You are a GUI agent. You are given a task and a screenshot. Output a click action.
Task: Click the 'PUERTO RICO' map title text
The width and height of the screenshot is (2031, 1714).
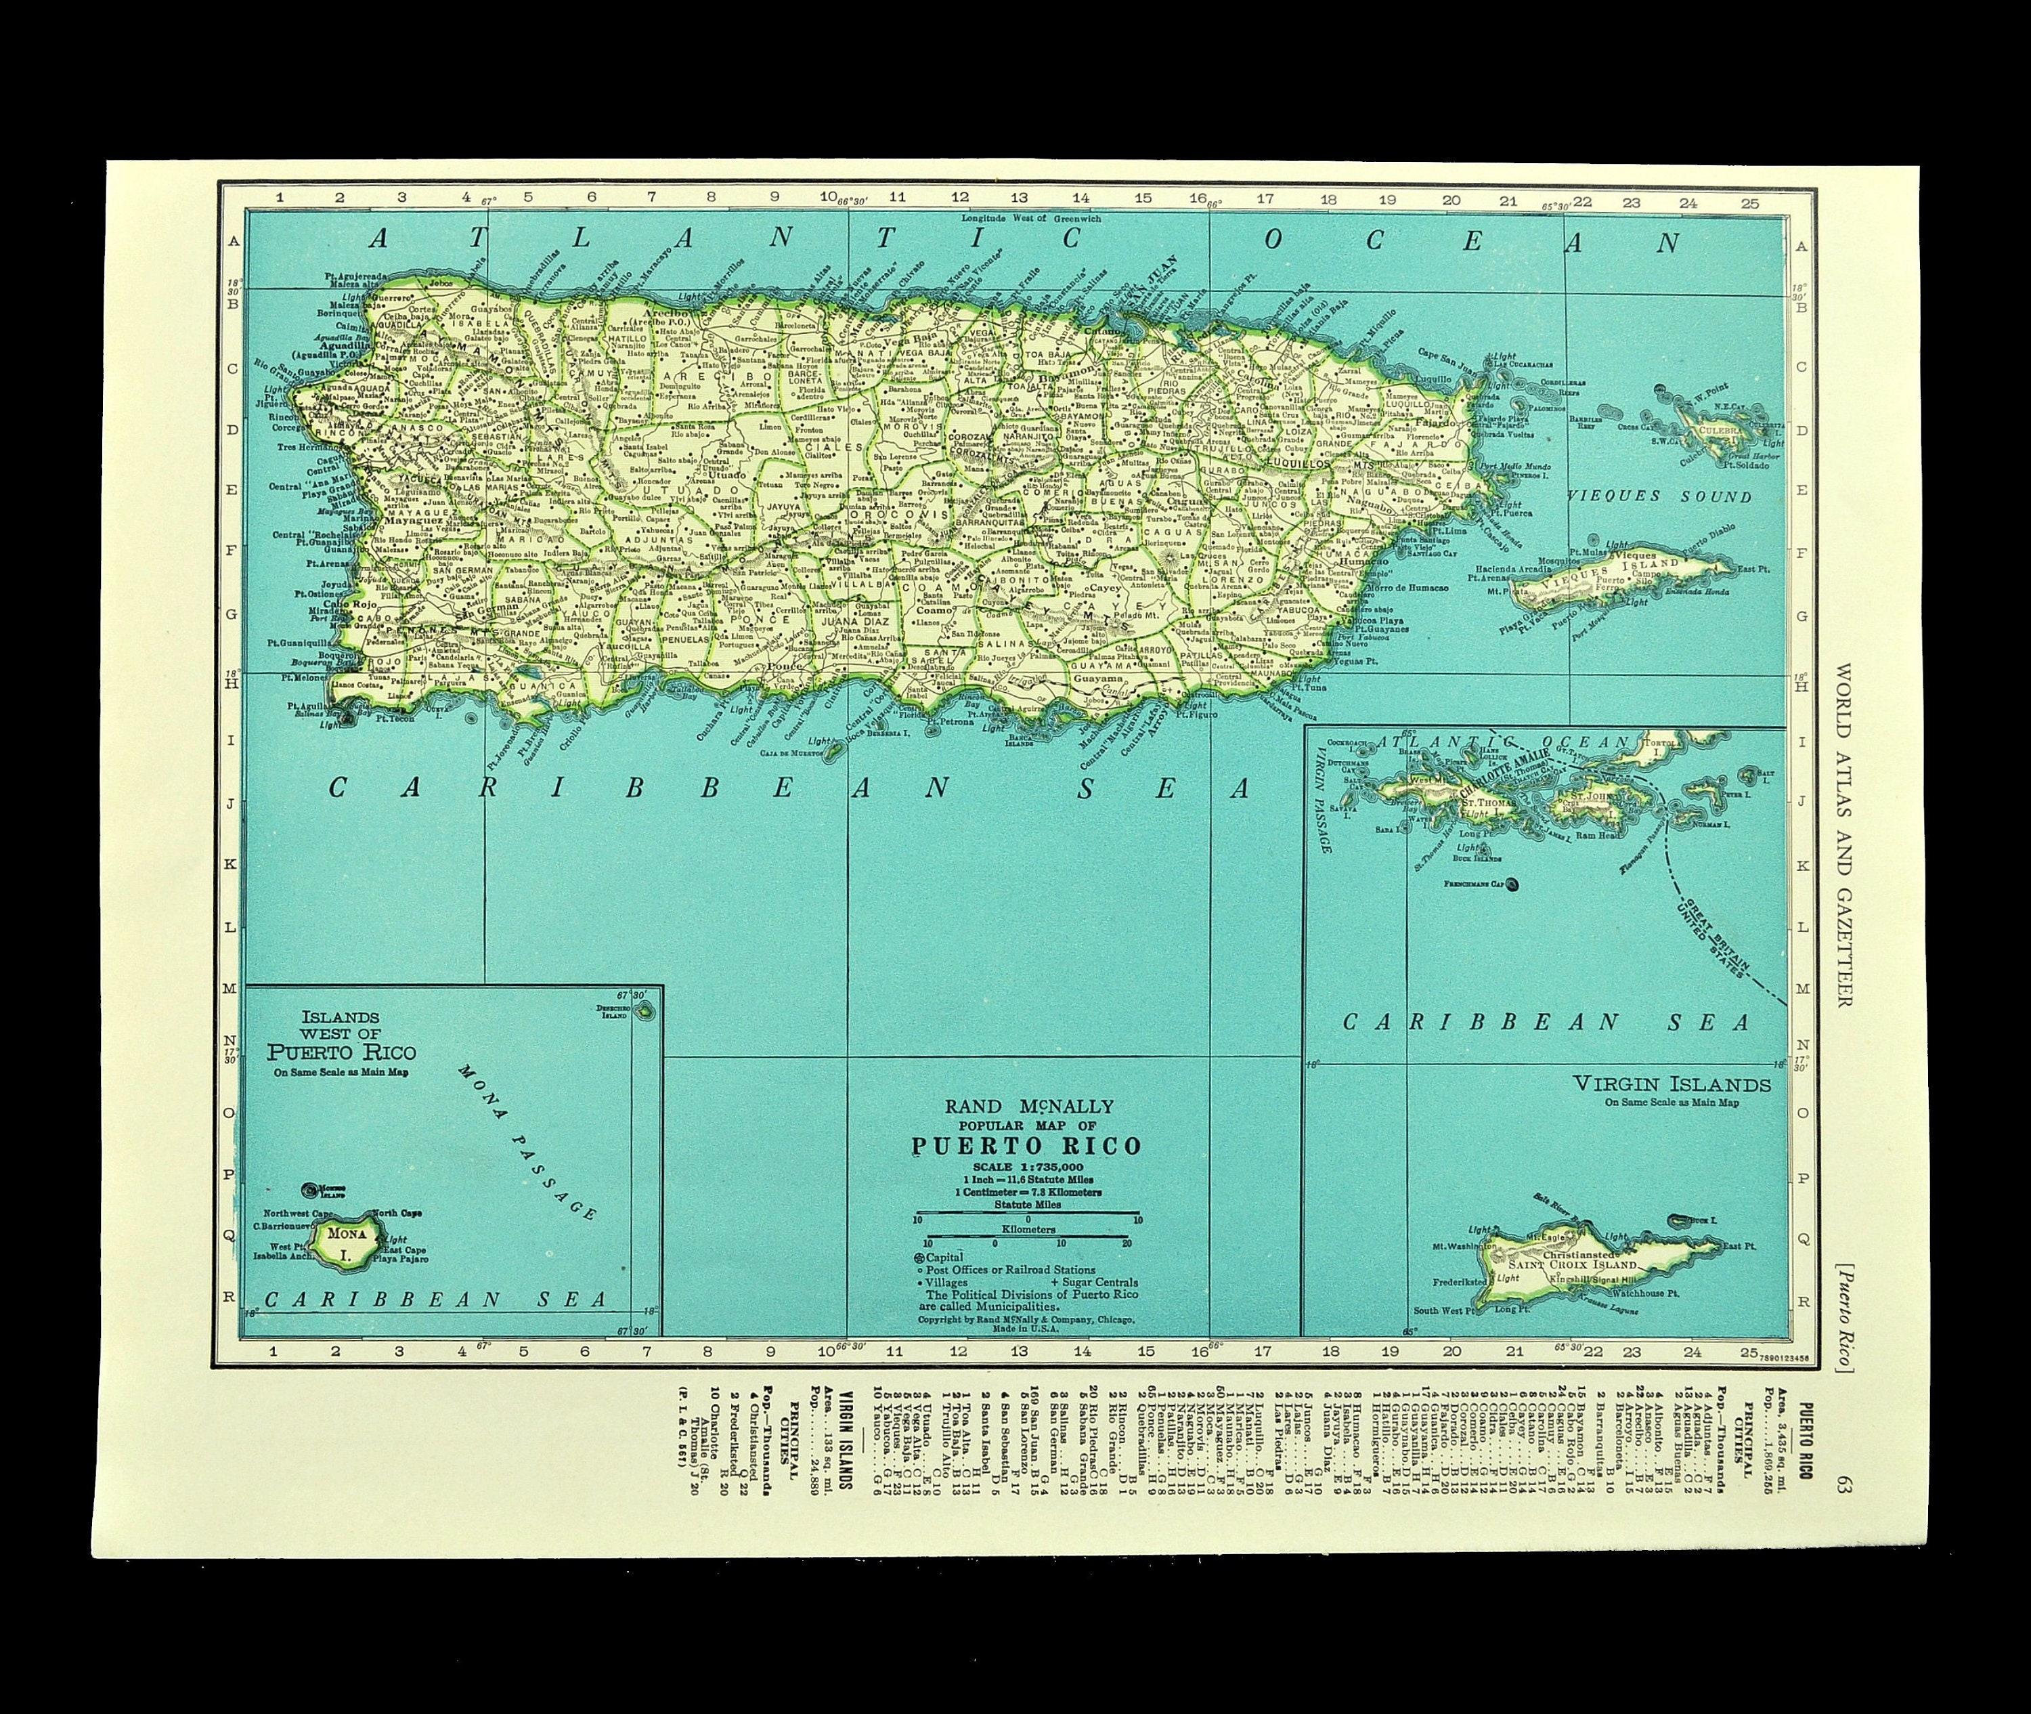1026,1146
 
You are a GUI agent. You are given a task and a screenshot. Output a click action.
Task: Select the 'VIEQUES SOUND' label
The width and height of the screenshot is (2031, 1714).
1661,496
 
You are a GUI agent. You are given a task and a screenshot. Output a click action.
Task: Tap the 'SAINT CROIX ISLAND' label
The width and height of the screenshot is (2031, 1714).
1571,1265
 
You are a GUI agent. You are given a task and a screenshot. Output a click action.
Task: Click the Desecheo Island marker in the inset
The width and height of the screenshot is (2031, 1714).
645,1012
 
